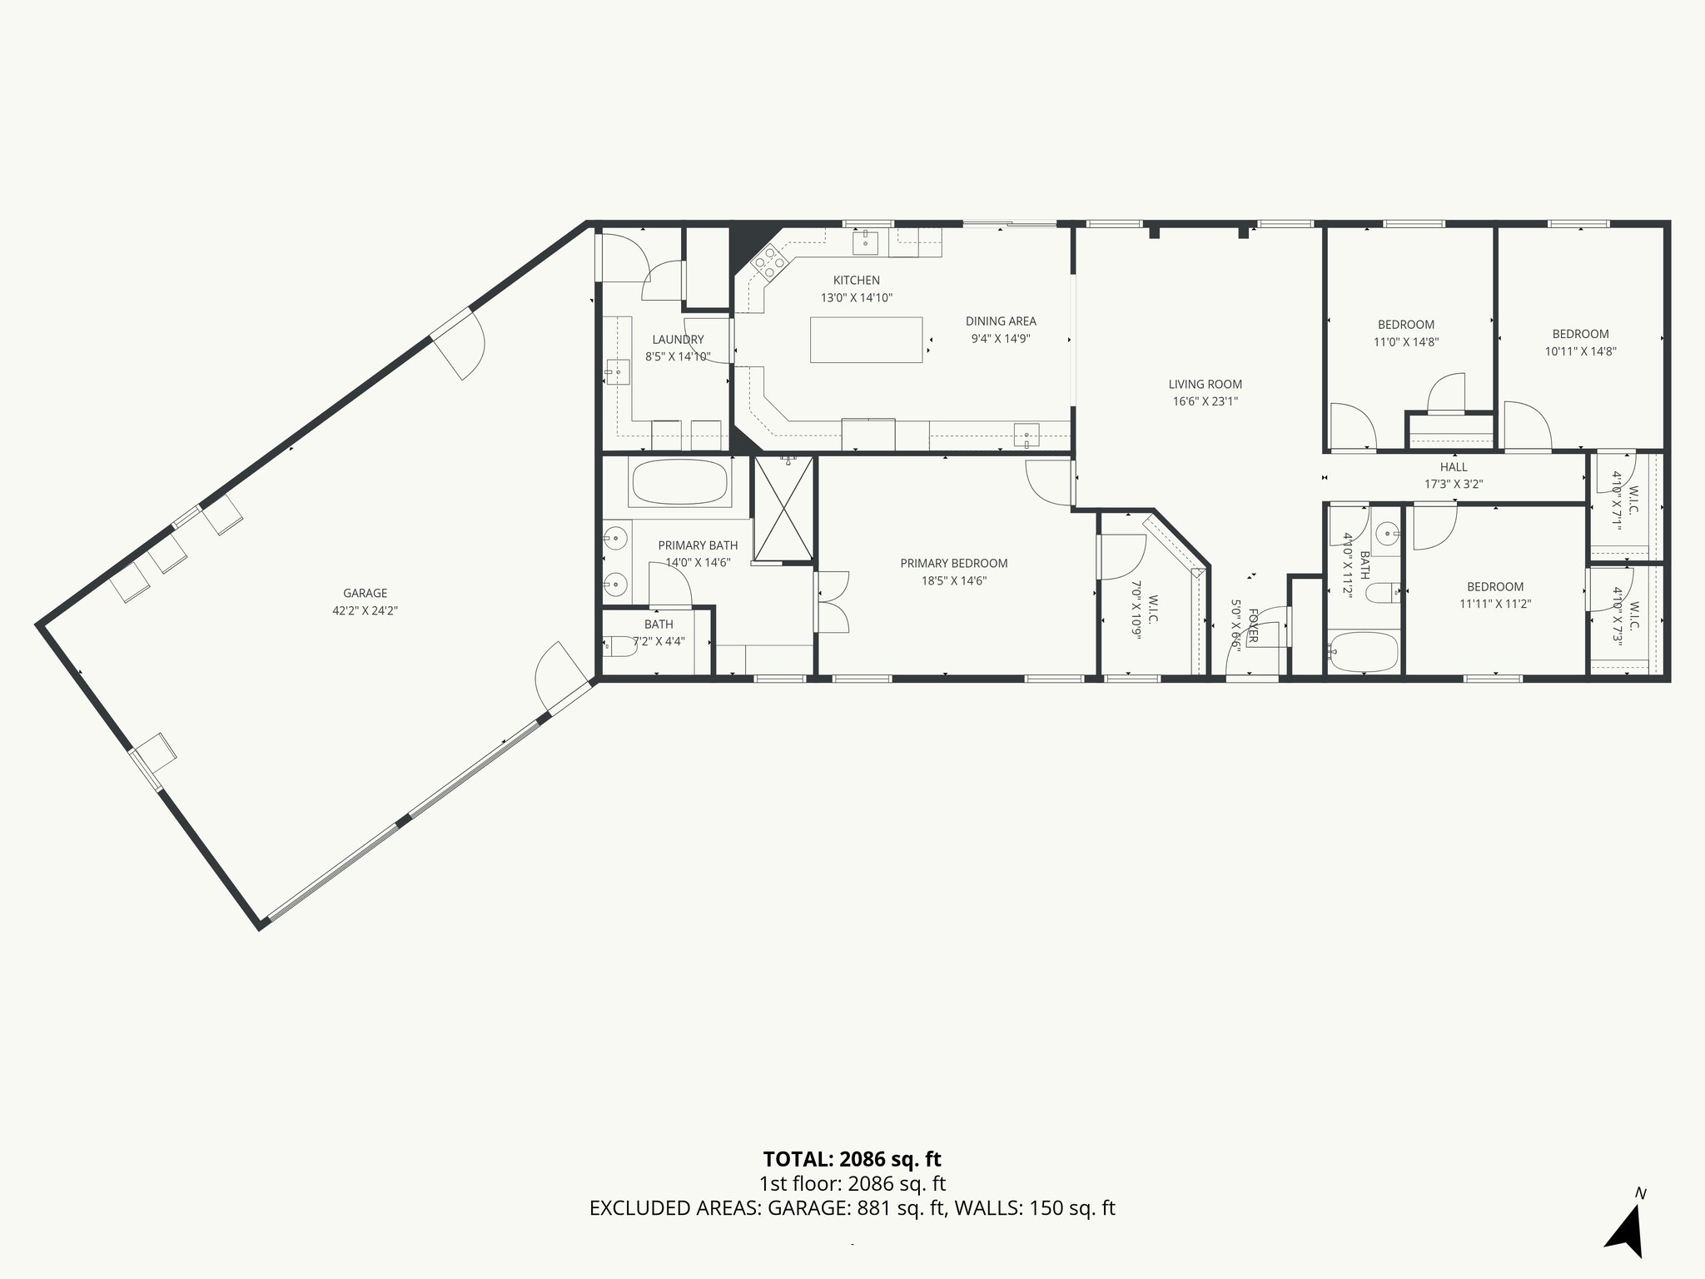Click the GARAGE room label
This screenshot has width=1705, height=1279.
click(x=365, y=593)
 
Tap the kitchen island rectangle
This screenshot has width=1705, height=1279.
click(x=866, y=340)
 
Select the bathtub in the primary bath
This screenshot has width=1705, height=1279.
click(x=679, y=482)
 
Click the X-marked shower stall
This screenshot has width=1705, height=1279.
click(x=783, y=509)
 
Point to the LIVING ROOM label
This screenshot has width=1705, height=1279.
click(x=1205, y=384)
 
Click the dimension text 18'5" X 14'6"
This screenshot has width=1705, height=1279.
click(x=953, y=581)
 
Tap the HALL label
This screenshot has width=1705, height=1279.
click(x=1454, y=467)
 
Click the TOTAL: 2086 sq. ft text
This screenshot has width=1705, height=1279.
click(x=852, y=1159)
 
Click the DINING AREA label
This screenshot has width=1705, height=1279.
click(x=1001, y=321)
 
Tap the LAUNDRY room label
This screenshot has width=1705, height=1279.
click(x=678, y=340)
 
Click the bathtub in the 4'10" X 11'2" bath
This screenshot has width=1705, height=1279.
click(x=1362, y=652)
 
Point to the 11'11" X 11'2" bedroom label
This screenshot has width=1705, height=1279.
click(x=1495, y=586)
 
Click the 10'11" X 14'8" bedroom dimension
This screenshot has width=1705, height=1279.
click(x=1580, y=351)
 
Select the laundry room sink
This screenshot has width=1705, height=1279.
click(x=618, y=371)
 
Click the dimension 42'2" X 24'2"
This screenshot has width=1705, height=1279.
click(x=365, y=610)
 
